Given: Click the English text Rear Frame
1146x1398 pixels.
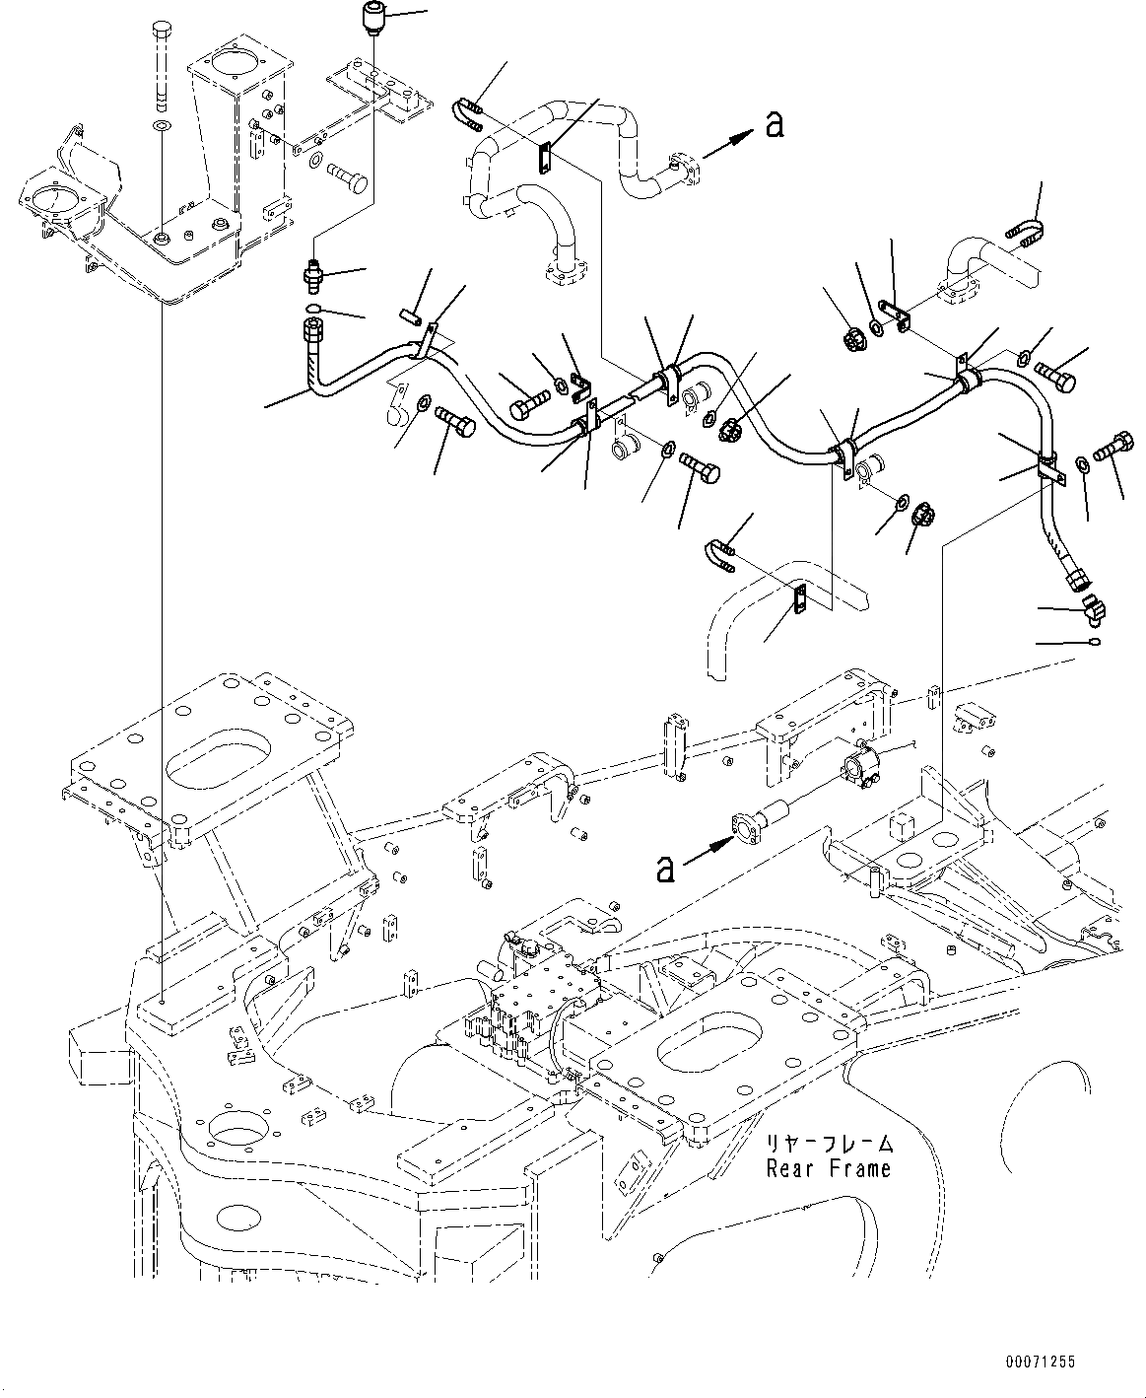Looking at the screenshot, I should [x=829, y=1169].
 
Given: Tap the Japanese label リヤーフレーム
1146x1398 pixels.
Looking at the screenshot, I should [x=831, y=1145].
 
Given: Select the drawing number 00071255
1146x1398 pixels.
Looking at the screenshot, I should [x=1040, y=1362].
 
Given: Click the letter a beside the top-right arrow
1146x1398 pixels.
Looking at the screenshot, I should [x=775, y=124].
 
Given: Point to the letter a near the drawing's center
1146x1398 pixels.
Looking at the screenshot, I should [x=666, y=869].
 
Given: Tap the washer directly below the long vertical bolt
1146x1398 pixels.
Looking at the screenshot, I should [x=162, y=126].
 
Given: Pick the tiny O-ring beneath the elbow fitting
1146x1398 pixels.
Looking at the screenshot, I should [x=1095, y=643].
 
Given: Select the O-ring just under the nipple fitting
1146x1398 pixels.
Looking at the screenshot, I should [x=312, y=314].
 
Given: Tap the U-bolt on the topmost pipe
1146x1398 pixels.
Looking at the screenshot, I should [x=469, y=111].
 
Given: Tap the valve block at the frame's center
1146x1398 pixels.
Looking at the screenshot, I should [x=532, y=996].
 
